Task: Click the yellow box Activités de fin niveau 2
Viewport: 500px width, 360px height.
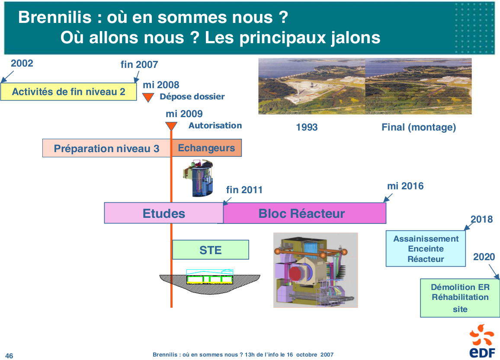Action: point(69,92)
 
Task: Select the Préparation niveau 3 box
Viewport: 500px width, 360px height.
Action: point(106,148)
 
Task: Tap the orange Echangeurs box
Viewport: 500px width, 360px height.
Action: point(207,148)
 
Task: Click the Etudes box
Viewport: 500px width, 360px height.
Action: point(164,213)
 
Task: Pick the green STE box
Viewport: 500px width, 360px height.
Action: point(211,250)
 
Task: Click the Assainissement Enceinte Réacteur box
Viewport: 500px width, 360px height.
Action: point(426,248)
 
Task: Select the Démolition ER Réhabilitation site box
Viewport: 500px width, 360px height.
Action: point(460,298)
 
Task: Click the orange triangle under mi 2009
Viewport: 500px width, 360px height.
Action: point(171,126)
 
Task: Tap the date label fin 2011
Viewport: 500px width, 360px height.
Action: point(244,190)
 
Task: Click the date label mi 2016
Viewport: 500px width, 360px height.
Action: point(405,186)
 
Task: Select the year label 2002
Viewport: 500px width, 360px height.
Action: point(22,63)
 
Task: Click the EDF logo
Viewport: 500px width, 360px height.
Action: point(482,341)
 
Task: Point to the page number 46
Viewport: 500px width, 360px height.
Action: point(9,356)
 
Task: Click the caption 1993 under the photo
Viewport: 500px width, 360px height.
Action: point(307,127)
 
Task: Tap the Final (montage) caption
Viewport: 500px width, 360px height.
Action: point(419,127)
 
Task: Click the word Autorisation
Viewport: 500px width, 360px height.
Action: point(215,125)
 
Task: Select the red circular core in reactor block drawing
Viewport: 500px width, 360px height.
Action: point(298,273)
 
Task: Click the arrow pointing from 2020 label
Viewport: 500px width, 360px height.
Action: point(494,272)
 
